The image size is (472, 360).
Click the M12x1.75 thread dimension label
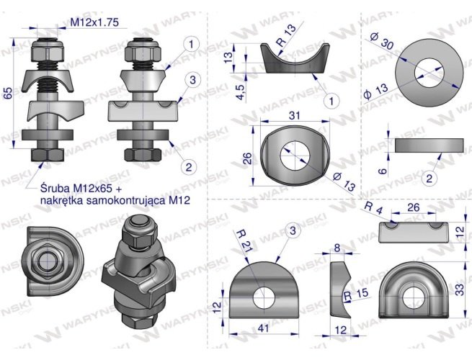point(94,22)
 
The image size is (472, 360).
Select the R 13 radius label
point(286,35)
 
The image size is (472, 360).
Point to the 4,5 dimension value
point(241,92)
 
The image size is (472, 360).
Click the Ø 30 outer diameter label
point(382,41)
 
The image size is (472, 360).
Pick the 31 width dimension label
point(295,115)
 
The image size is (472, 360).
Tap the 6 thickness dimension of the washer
point(382,171)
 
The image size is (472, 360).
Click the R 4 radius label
point(373,208)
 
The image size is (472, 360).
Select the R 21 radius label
point(244,240)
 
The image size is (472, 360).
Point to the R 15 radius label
point(356,294)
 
